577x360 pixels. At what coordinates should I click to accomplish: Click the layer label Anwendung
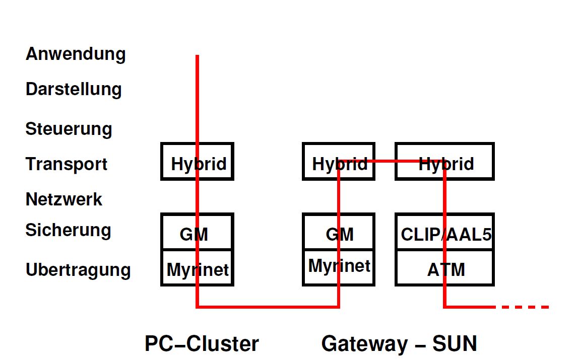coord(76,54)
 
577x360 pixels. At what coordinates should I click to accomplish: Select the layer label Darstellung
coord(74,90)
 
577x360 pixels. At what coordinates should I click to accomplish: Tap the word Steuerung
coord(69,129)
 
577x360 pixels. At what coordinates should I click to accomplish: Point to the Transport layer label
coord(67,164)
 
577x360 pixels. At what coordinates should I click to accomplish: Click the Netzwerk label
coord(64,199)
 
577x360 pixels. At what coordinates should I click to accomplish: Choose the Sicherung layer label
coord(68,230)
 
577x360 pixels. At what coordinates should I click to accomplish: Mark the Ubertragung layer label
coord(78,270)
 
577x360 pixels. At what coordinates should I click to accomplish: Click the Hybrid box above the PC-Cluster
coord(197,162)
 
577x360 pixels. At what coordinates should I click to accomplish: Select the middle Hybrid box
coord(339,162)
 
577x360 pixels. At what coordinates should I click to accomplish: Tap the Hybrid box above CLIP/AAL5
coord(444,162)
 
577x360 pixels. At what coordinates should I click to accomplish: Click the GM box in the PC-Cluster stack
coord(197,232)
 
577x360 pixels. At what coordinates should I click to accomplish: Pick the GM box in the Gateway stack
coord(339,232)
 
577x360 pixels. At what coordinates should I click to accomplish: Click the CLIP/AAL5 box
coord(444,232)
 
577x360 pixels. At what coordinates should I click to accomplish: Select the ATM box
coord(444,268)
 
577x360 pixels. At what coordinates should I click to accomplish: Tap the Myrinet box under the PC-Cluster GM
coord(197,268)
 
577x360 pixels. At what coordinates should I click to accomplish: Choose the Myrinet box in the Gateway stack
coord(339,267)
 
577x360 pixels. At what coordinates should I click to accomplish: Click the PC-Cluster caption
coord(202,344)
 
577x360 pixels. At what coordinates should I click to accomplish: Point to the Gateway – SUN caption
coord(399,344)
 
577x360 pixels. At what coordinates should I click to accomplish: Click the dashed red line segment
coord(524,307)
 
